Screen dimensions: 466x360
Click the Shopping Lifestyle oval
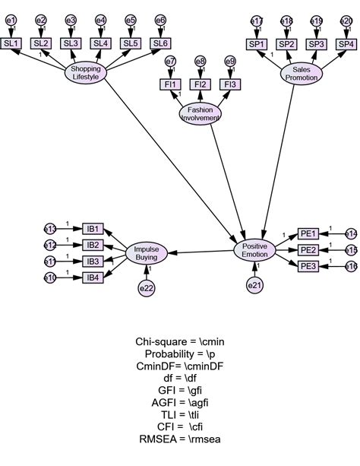84,73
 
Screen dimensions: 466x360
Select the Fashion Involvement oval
201,113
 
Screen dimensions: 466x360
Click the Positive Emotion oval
254,251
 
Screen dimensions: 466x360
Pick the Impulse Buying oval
146,253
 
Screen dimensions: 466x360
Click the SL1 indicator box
12,43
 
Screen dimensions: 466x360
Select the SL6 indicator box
159,43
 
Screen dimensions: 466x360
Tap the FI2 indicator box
201,84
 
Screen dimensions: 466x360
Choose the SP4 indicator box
346,43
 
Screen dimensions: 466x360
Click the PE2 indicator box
308,250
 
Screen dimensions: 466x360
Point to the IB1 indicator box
93,229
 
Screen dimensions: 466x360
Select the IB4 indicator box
93,277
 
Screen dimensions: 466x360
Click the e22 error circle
146,288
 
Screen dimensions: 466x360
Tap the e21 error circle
254,285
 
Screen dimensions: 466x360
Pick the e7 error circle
171,61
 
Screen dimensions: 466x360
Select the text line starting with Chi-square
179,342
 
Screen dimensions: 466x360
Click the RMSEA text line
179,439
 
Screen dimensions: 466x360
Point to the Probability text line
179,354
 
